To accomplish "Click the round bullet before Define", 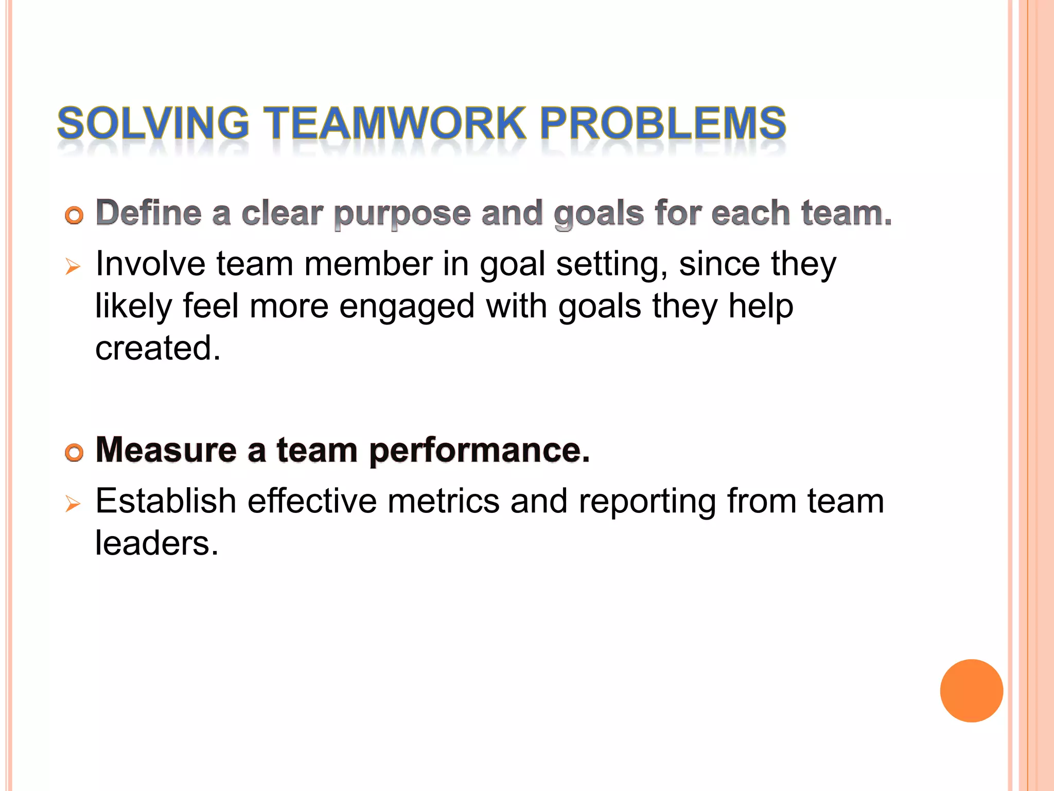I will pos(74,215).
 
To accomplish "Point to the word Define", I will pos(149,213).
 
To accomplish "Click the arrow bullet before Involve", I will pos(73,267).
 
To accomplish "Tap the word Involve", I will pos(150,264).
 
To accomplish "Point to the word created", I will pos(157,348).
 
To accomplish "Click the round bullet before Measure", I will pos(74,453).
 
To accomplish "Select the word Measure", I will pos(166,450).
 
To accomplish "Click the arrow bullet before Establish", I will pos(73,504).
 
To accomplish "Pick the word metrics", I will pos(443,501).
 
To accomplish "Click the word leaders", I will pos(156,543).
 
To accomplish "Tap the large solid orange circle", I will pos(971,691).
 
